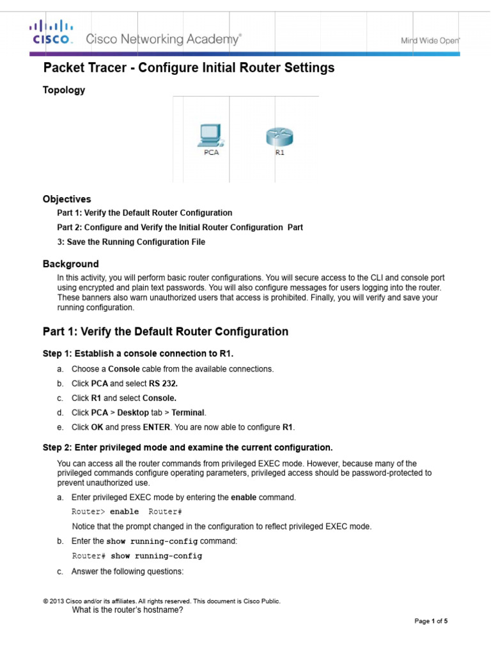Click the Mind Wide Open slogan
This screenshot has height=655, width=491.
[x=430, y=40]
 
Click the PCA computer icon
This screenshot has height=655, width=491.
[x=210, y=136]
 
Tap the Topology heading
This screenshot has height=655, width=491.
[x=63, y=90]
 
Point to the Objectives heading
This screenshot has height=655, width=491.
[x=66, y=199]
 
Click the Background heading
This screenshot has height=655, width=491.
[x=70, y=264]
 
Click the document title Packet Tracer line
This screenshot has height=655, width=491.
[x=189, y=68]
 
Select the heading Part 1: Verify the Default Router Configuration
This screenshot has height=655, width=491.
[x=165, y=331]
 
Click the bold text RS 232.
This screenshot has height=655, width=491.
[x=165, y=383]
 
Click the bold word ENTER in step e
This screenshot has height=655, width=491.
[x=156, y=427]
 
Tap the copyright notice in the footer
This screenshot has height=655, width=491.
[x=161, y=601]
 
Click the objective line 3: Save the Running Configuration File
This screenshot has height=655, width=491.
[x=131, y=242]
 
